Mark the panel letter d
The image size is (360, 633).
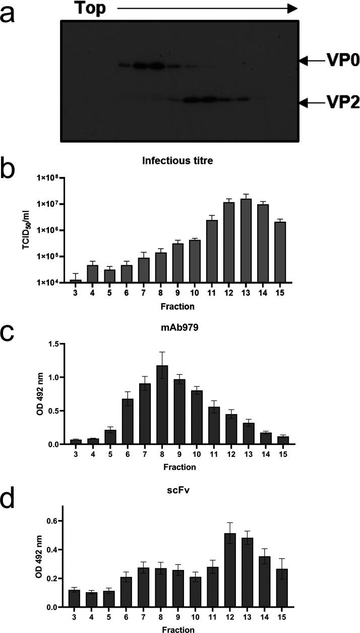point(12,513)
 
